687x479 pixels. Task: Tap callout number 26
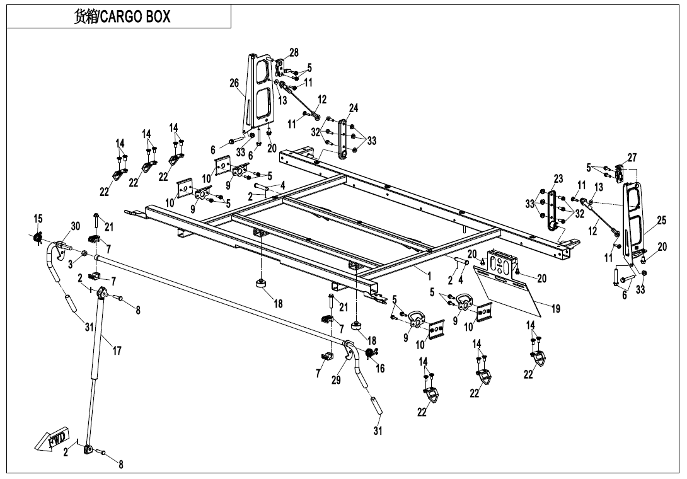[234, 83]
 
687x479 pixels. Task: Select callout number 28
[294, 52]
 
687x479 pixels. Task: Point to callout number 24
[354, 108]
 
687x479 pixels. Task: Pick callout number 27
[632, 158]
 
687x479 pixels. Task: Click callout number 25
[661, 221]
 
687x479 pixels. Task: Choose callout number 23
[558, 179]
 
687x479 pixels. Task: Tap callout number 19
[555, 309]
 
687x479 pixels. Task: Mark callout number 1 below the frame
[429, 275]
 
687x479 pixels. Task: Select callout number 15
[38, 219]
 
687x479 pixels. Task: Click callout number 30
[75, 226]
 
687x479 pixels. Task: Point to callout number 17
[117, 351]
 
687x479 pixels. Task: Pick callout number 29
[336, 381]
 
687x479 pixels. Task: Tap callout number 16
[380, 369]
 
